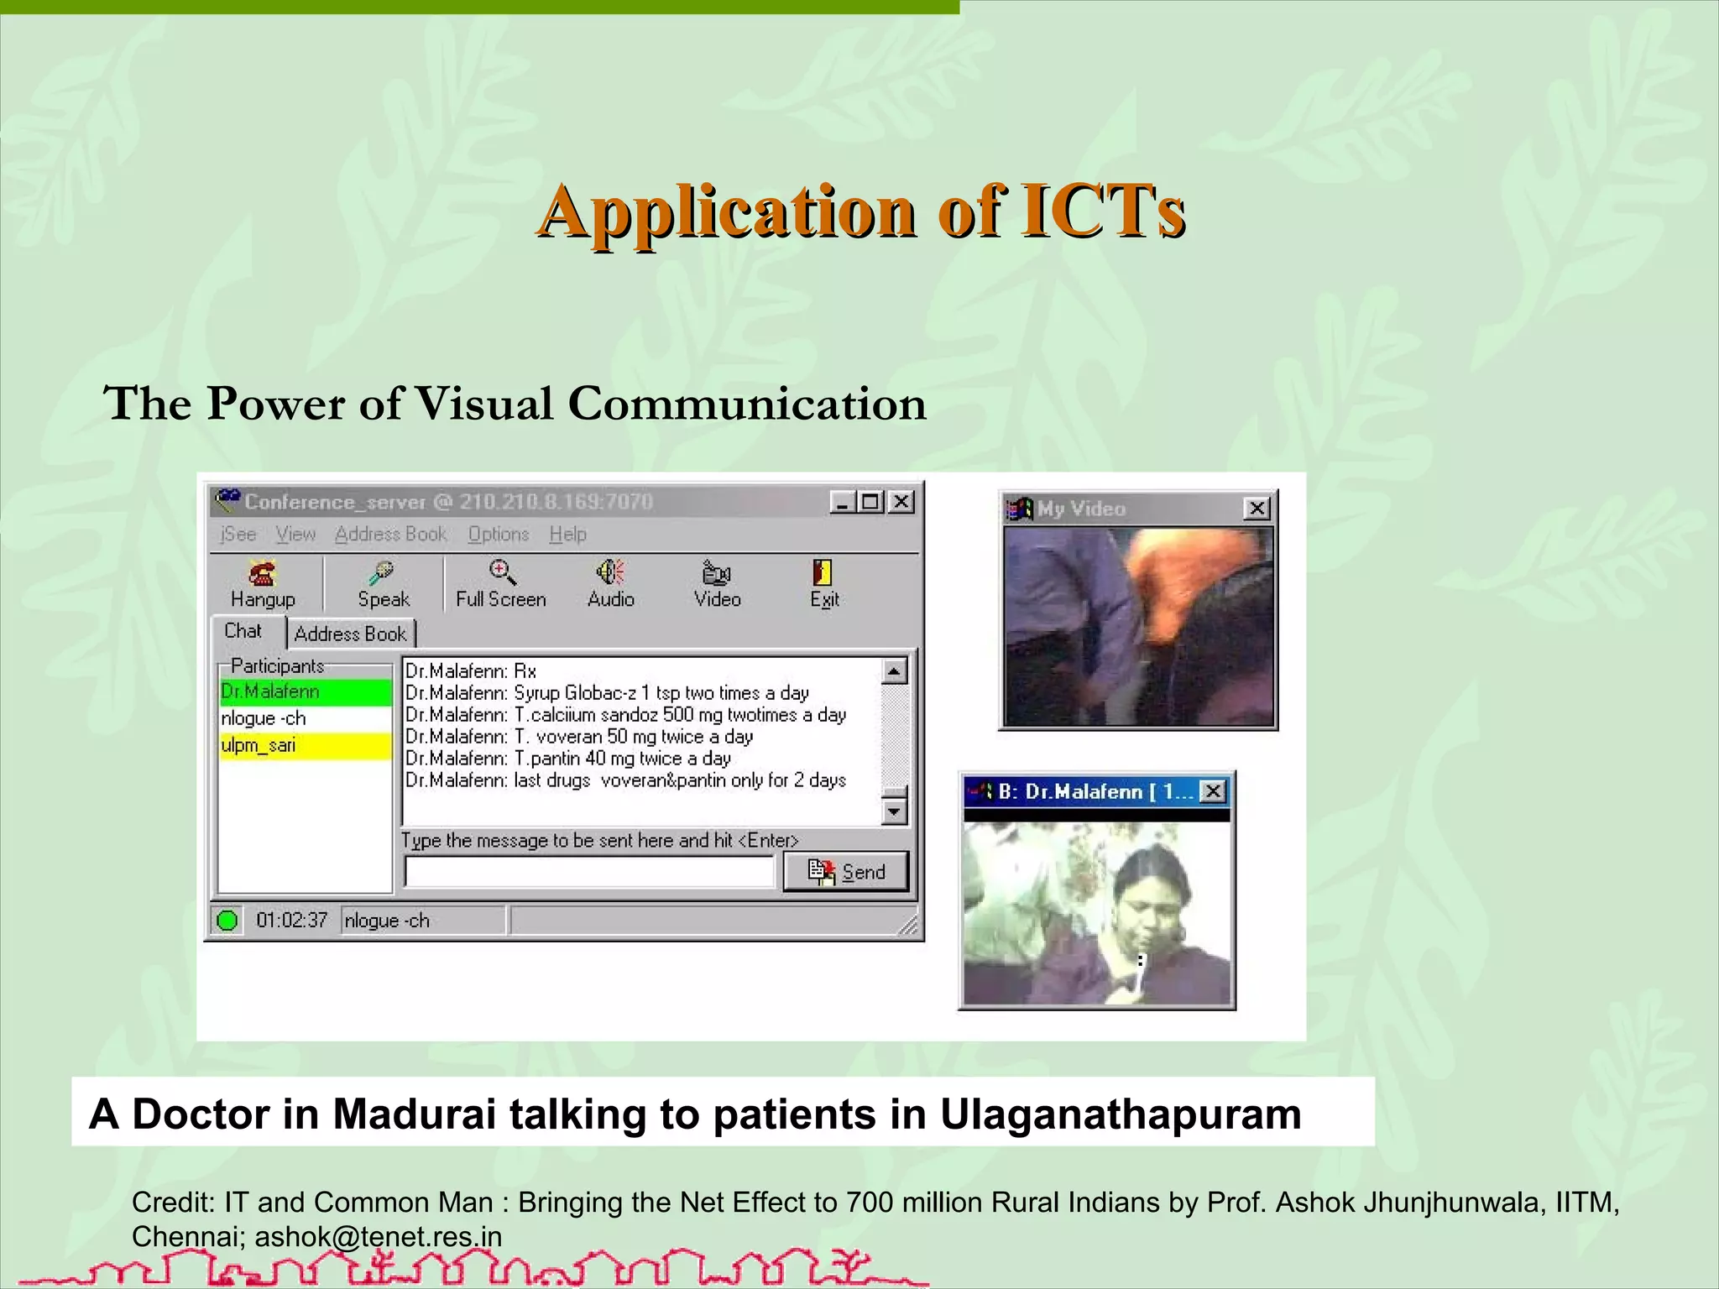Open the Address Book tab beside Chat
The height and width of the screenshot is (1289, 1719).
point(350,634)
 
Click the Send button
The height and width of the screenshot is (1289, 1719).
point(846,872)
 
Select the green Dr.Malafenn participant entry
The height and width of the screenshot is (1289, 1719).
point(305,691)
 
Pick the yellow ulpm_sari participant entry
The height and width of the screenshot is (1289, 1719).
point(305,745)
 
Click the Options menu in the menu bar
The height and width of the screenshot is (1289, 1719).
point(499,535)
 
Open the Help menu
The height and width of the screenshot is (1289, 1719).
point(567,535)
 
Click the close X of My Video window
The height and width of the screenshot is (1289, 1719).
point(1257,509)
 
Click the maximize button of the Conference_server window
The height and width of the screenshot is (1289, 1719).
point(871,502)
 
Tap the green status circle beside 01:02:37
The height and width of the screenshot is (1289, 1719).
point(227,921)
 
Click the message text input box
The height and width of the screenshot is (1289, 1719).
point(588,872)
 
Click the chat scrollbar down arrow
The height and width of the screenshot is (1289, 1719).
point(895,811)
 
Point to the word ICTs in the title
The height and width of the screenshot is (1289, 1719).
point(1102,211)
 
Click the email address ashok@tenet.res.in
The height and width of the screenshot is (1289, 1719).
point(378,1236)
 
